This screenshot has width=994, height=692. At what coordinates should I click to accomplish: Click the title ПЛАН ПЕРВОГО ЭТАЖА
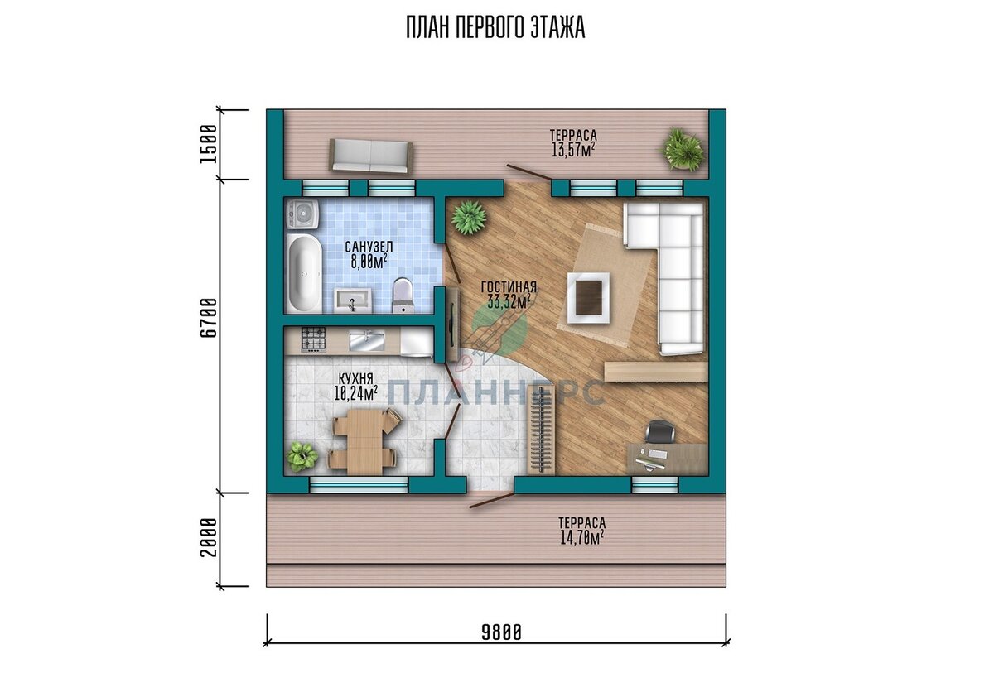(495, 28)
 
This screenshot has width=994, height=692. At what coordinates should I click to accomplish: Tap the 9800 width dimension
(501, 632)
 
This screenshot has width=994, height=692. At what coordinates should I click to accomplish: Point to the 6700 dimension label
(209, 318)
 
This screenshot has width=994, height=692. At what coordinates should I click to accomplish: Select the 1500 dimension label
(209, 144)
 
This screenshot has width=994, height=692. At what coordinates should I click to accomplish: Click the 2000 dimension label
(209, 537)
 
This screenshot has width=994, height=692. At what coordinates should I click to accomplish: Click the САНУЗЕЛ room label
(369, 247)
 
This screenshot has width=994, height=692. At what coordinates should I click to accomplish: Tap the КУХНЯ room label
(356, 378)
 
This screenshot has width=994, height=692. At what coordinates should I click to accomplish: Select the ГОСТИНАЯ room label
(509, 287)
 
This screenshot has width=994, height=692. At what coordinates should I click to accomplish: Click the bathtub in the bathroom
(304, 272)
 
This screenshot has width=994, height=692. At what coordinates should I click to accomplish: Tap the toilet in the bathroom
(403, 295)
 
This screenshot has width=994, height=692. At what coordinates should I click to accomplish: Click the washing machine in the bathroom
(302, 214)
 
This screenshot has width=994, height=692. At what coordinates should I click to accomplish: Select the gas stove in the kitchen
(313, 339)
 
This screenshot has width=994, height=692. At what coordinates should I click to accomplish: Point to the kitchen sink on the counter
(367, 341)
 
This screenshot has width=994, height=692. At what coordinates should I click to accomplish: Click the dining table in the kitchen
(364, 441)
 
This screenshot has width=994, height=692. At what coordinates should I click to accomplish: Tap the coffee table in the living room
(588, 298)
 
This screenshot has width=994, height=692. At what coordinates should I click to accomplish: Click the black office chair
(660, 431)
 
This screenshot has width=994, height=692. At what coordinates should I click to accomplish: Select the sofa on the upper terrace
(370, 156)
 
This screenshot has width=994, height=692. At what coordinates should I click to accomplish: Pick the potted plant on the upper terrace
(682, 148)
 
